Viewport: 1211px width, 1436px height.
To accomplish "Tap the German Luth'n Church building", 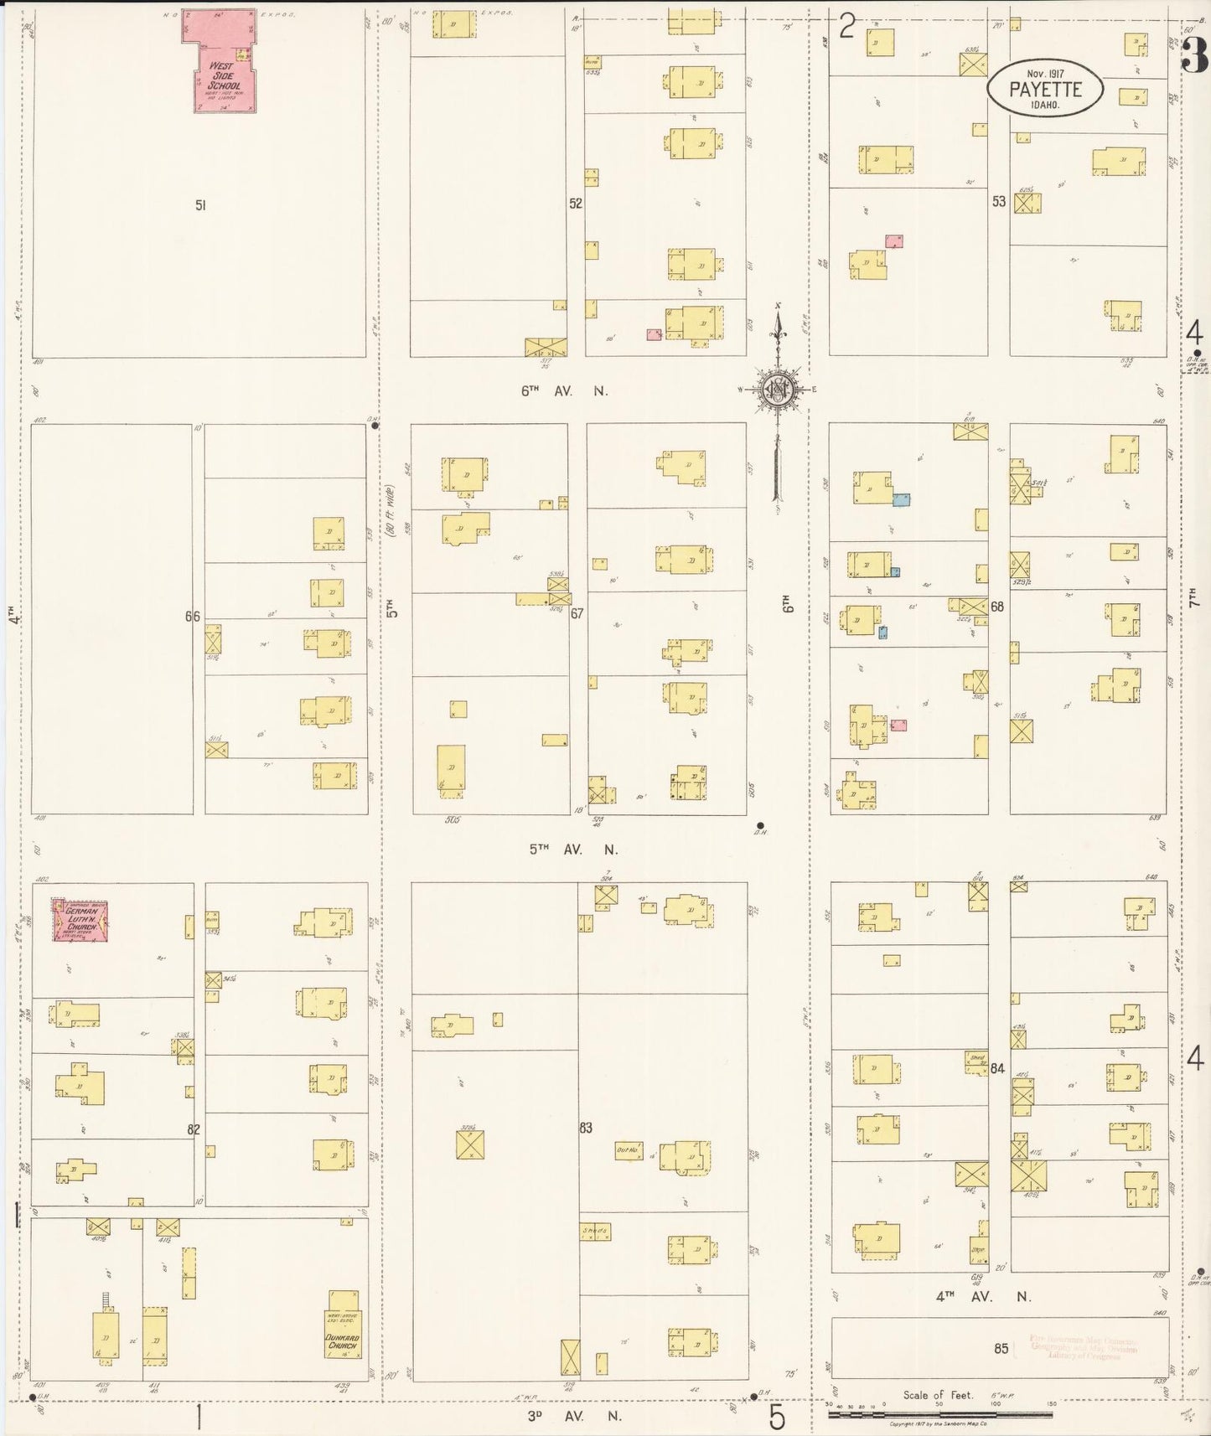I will (81, 921).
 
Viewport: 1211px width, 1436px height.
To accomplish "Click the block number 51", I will (200, 205).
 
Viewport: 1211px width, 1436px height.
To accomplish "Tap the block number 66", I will (193, 617).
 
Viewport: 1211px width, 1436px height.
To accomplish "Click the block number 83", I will (586, 1128).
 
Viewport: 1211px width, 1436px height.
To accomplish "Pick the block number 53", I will (998, 202).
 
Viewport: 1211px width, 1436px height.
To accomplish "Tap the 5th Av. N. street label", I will (573, 849).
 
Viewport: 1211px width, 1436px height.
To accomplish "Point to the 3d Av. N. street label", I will (574, 1416).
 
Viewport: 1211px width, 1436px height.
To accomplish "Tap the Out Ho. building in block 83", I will (629, 1150).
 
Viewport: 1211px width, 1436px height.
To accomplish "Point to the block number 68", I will (997, 607).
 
